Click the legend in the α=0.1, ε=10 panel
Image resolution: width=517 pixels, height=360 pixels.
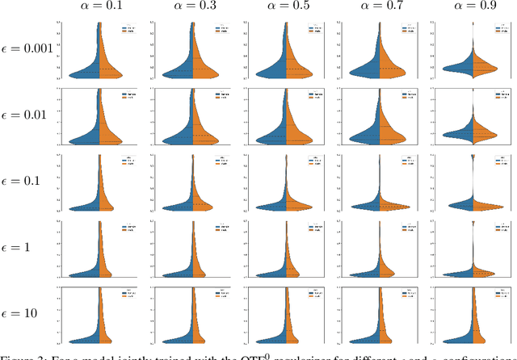(127, 296)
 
